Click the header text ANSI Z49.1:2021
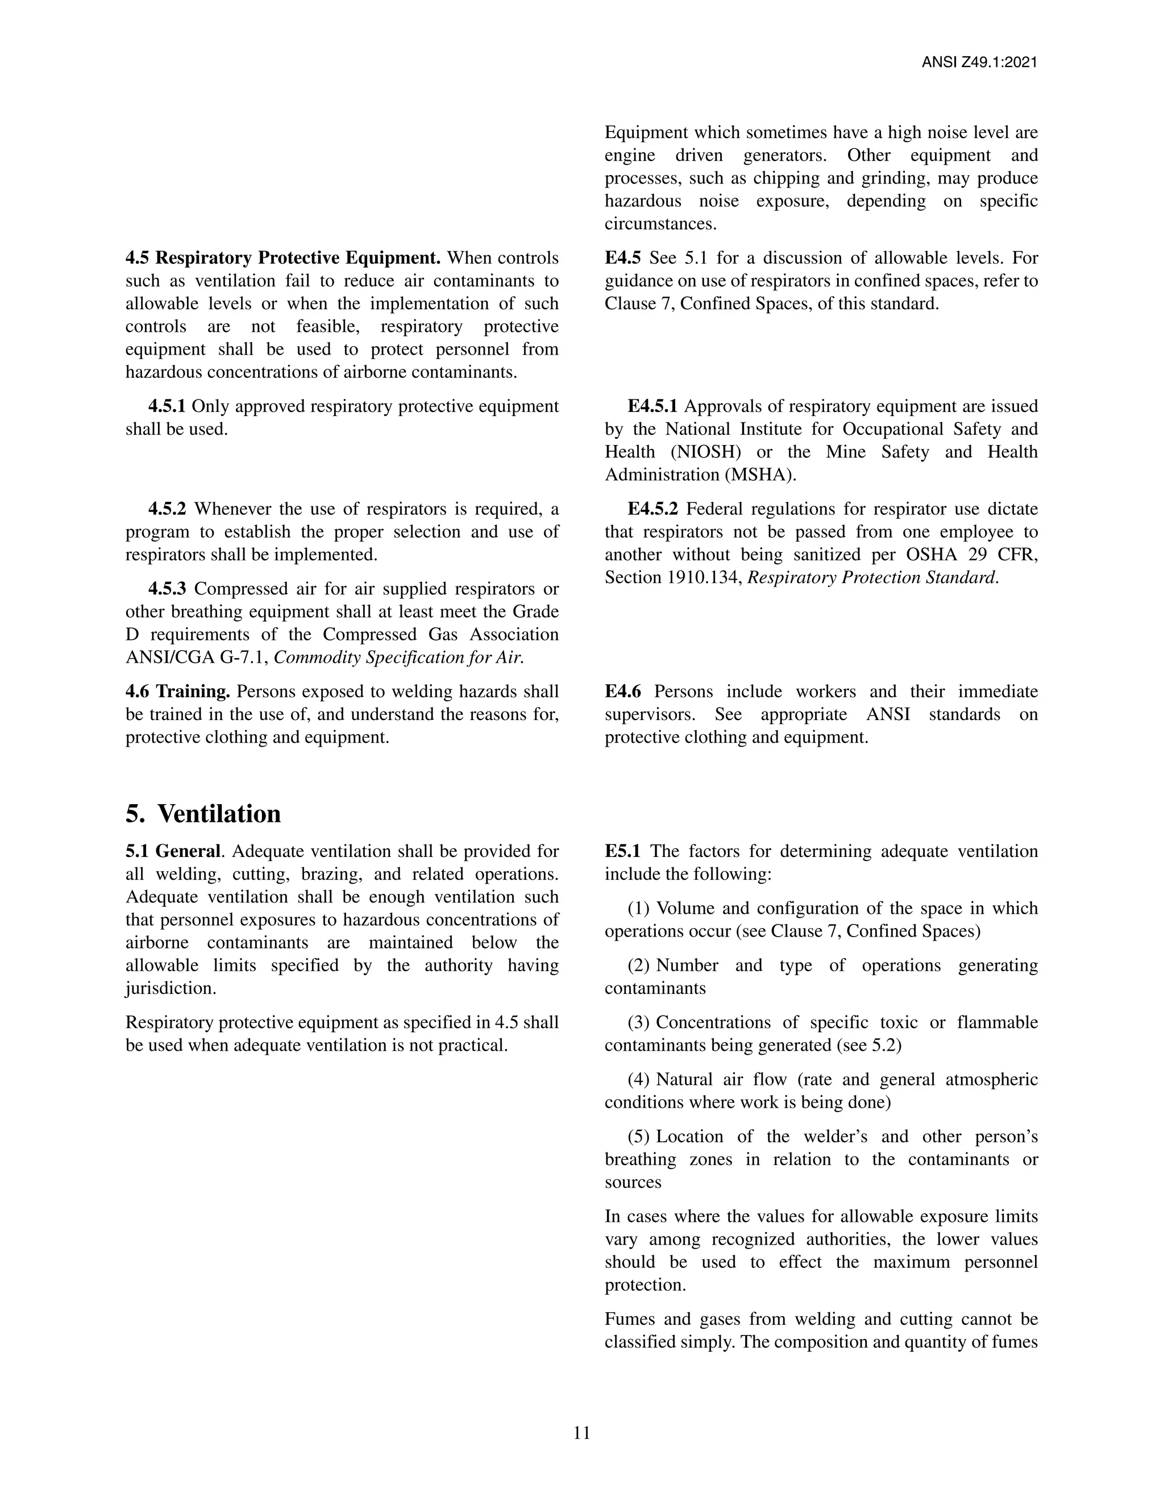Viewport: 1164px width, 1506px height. (x=979, y=63)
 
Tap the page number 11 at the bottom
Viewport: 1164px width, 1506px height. (x=581, y=1433)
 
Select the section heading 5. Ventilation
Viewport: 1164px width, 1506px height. (x=203, y=814)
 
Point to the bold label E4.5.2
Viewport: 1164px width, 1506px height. (x=652, y=509)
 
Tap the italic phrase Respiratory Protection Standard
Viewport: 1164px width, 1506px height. (x=873, y=577)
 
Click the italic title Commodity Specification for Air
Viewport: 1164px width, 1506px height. (x=398, y=657)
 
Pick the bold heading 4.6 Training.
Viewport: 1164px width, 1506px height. (x=178, y=691)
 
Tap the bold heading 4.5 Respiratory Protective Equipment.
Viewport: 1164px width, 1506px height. (x=282, y=258)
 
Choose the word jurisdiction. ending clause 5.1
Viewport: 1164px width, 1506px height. (x=171, y=988)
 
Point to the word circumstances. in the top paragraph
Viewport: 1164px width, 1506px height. (x=660, y=223)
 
